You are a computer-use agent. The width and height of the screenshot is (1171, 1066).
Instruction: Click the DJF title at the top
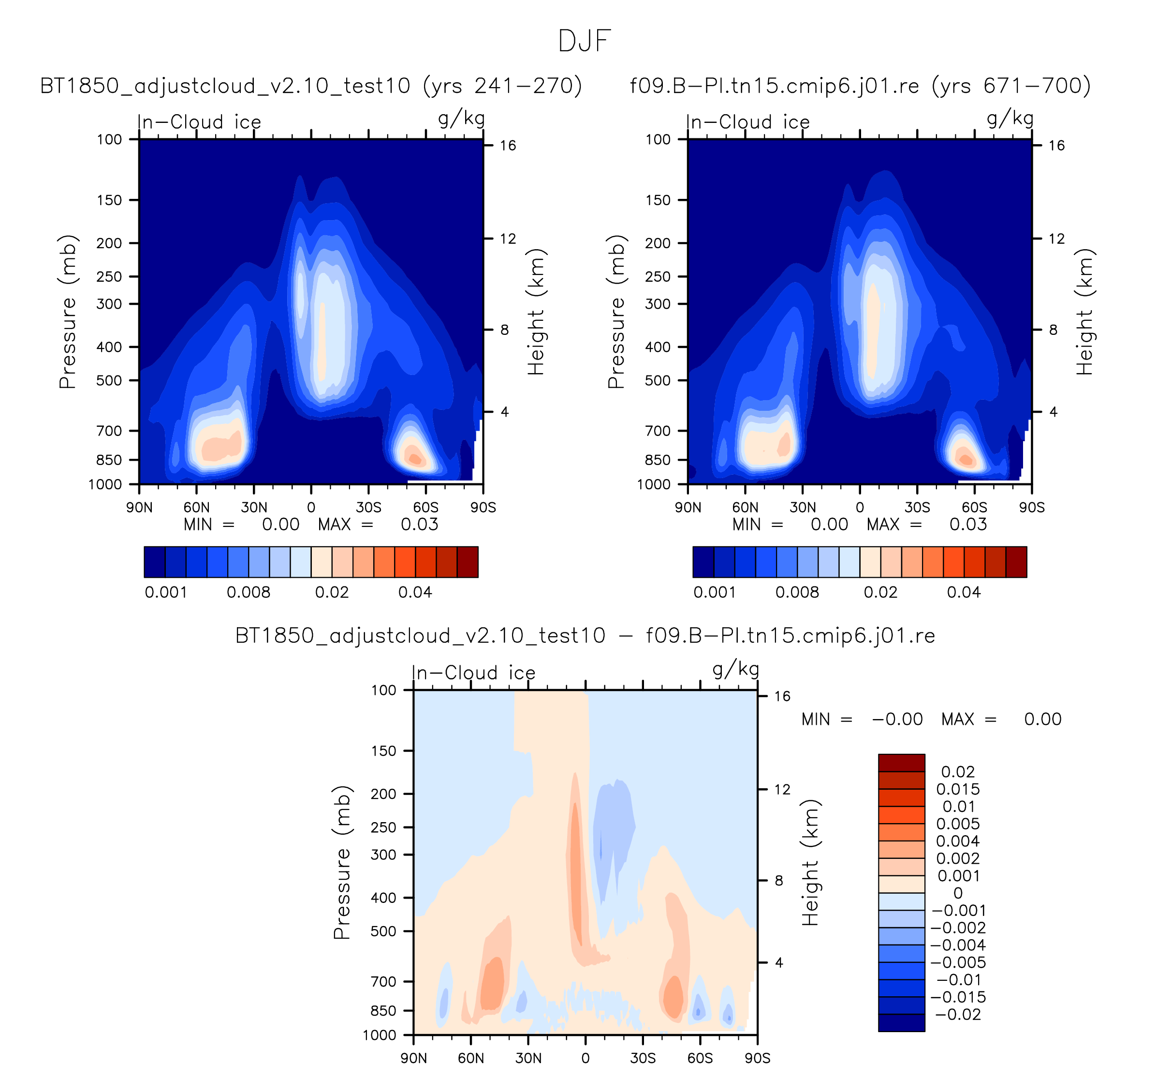[x=585, y=41]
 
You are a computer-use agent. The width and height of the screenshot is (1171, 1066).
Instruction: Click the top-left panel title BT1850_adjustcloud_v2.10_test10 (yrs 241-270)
[x=311, y=86]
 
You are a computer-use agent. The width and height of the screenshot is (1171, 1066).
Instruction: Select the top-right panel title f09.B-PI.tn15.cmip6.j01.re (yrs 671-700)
[x=860, y=86]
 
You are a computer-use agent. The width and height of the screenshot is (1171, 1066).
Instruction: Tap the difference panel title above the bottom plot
[x=585, y=636]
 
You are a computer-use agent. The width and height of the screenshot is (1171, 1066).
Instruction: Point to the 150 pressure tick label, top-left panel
[x=109, y=200]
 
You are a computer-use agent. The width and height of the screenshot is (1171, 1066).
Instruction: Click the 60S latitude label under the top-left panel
[x=426, y=508]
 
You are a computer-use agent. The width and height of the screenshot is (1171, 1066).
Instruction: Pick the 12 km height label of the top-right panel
[x=1056, y=239]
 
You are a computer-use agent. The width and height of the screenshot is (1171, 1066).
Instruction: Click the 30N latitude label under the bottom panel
[x=528, y=1057]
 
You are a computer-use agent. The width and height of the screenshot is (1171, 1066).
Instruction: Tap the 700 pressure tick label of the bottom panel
[x=383, y=981]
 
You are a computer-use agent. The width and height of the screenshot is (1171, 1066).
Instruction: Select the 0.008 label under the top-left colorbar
[x=249, y=592]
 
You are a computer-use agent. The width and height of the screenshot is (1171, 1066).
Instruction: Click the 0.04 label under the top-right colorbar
[x=964, y=592]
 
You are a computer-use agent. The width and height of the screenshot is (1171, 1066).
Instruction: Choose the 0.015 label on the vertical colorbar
[x=958, y=789]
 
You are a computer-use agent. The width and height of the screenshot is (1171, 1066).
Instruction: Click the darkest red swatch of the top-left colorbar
[x=468, y=562]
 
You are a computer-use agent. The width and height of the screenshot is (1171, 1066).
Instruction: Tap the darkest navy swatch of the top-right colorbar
[x=703, y=562]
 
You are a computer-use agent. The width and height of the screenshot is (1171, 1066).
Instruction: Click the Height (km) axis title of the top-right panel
[x=1084, y=312]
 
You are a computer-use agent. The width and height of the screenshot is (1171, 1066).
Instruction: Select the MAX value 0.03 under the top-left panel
[x=419, y=525]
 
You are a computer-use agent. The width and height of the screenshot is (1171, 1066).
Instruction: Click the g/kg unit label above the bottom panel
[x=736, y=670]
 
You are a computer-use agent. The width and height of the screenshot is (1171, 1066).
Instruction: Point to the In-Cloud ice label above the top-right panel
[x=747, y=122]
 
